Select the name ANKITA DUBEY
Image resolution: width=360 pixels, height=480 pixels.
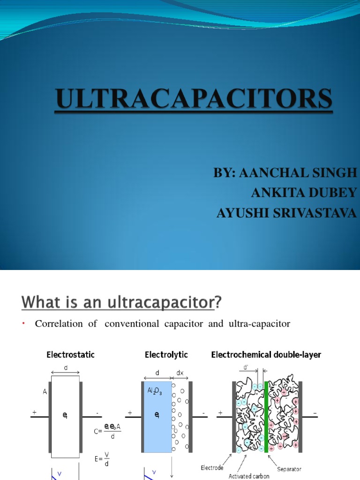pyautogui.click(x=304, y=193)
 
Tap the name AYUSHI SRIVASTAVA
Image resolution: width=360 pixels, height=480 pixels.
pyautogui.click(x=286, y=213)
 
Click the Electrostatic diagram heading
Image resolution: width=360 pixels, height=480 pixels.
pyautogui.click(x=70, y=355)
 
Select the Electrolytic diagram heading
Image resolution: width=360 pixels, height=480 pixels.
pyautogui.click(x=166, y=355)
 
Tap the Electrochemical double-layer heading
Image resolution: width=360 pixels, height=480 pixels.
pyautogui.click(x=266, y=355)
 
